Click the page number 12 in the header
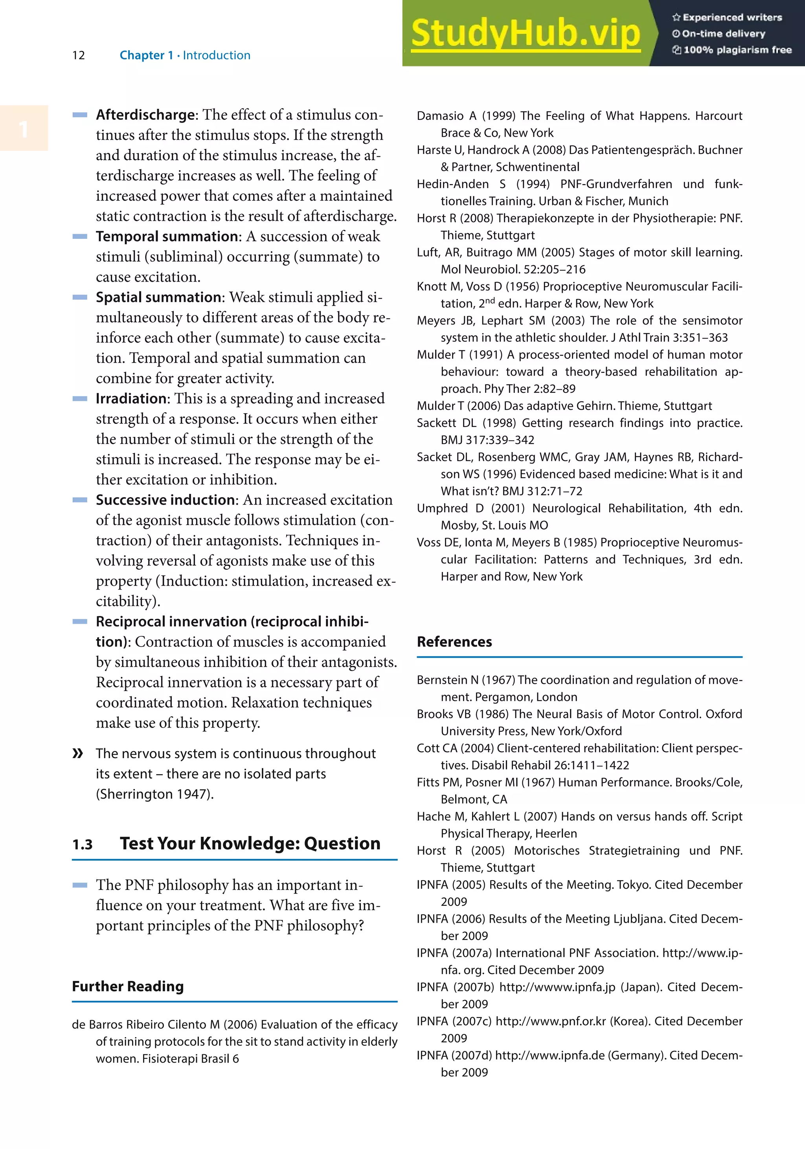79,55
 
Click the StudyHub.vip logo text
526,33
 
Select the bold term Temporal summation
168,237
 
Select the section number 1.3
83,845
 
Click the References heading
454,642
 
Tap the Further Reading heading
128,986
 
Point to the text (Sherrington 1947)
155,794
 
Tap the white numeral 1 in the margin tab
24,130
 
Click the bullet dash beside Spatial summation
80,297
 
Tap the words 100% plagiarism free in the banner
737,50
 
